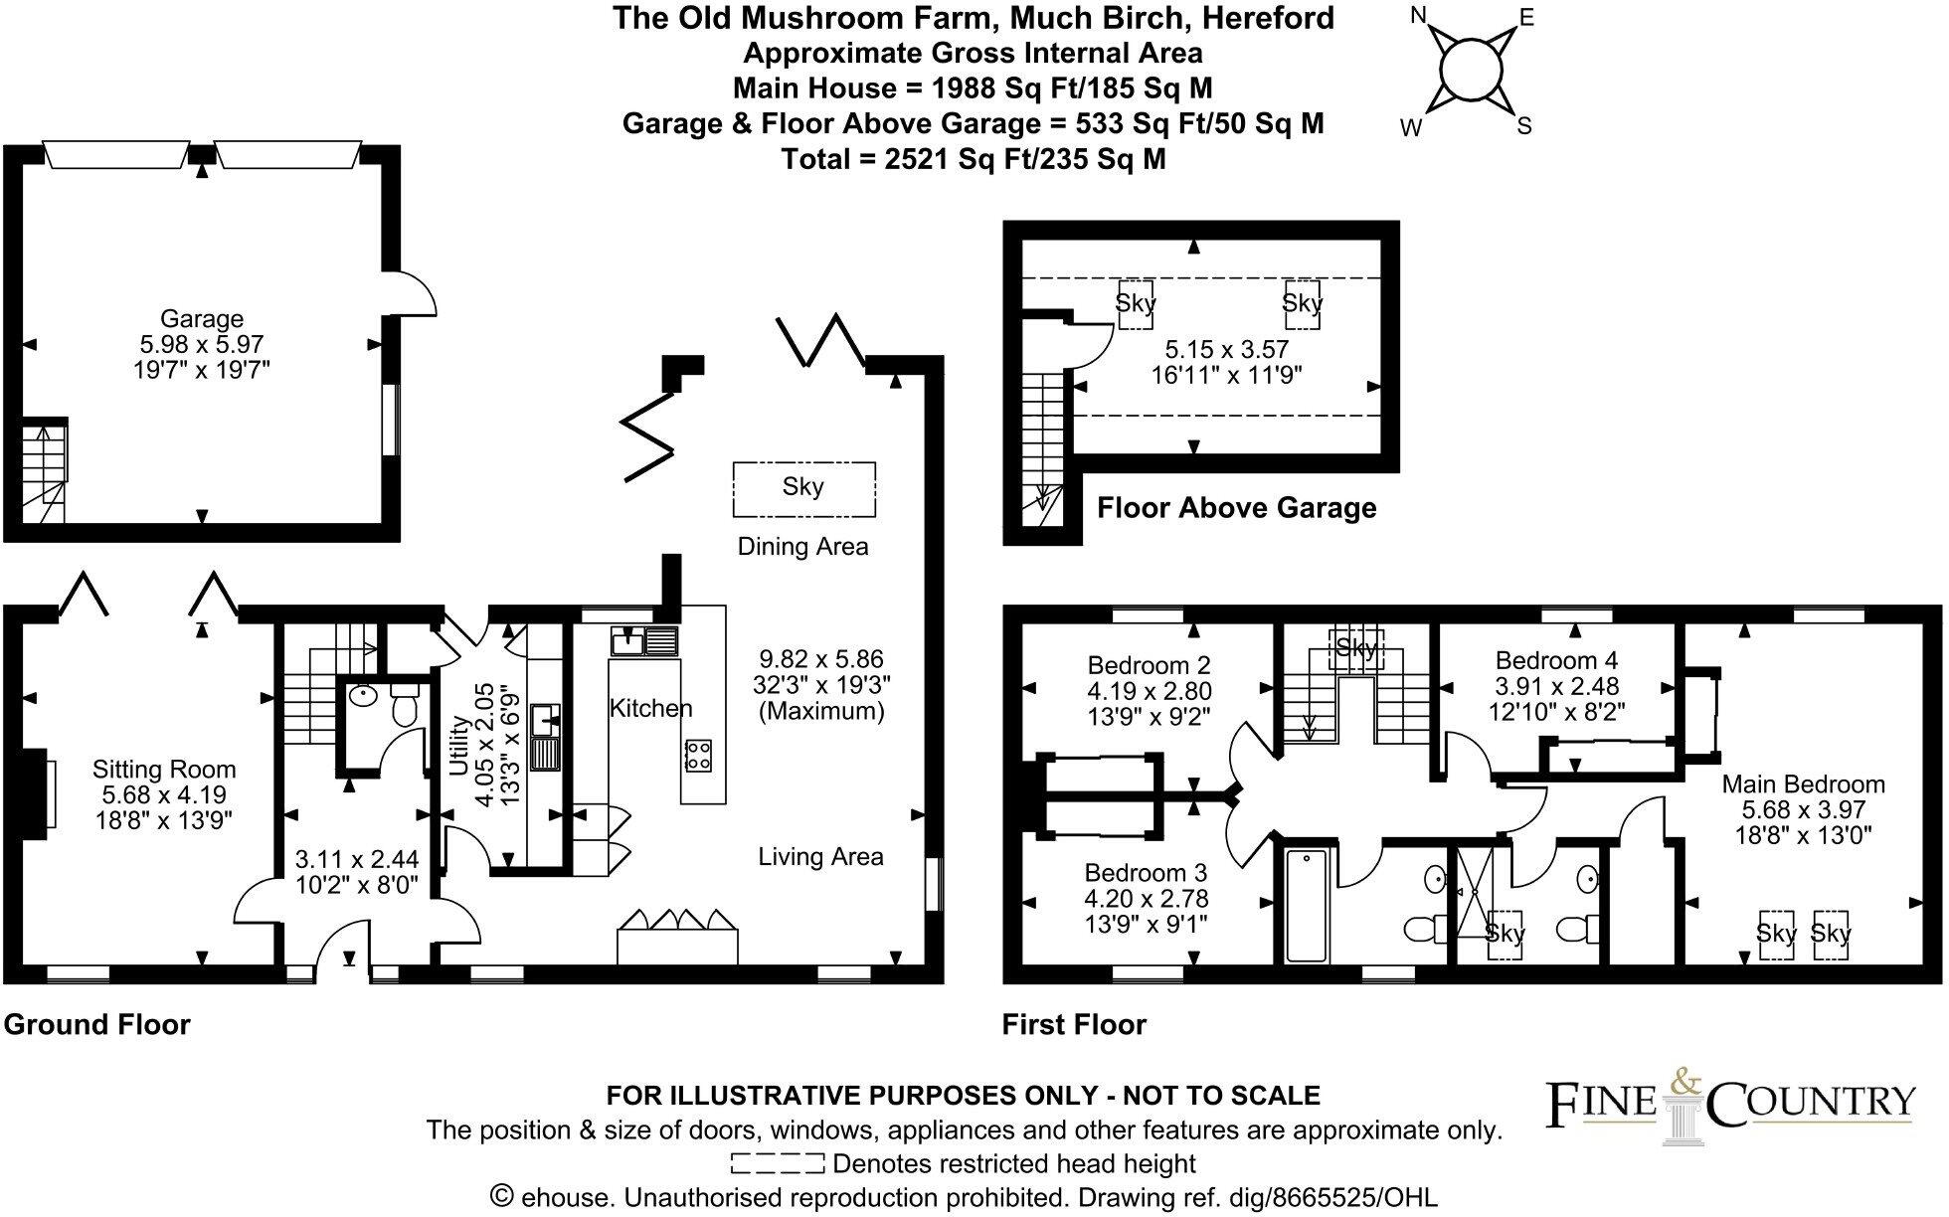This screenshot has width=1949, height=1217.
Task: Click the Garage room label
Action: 202,319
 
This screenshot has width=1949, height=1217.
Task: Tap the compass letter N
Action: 1419,15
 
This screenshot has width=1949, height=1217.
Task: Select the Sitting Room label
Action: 164,770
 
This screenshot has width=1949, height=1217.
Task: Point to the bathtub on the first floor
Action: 1307,905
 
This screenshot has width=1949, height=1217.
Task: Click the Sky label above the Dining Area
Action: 803,487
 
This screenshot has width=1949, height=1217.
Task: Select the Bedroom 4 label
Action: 1556,660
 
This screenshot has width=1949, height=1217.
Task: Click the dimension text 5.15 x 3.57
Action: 1226,350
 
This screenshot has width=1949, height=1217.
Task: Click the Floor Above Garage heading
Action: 1236,508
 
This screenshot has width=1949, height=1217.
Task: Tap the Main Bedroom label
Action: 1803,784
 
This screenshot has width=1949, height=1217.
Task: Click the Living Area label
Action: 820,857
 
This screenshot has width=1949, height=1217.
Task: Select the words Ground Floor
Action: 96,1024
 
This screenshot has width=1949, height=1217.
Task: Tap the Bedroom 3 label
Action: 1146,873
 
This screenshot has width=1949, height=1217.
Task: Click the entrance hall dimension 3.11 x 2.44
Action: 357,859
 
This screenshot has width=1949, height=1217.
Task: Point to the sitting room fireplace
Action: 40,793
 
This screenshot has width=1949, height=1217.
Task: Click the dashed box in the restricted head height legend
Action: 778,1163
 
